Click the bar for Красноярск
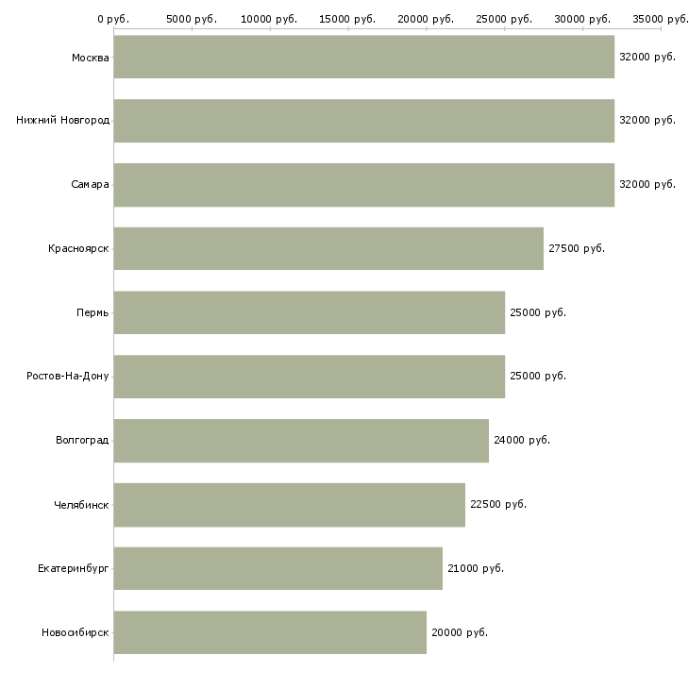(x=328, y=248)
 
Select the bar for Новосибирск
(x=270, y=632)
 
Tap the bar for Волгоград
(x=301, y=440)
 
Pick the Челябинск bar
(x=289, y=504)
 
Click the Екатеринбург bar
(x=277, y=568)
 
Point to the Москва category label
(x=90, y=58)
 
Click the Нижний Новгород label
(x=62, y=121)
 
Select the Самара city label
(x=90, y=184)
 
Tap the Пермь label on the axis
(x=92, y=312)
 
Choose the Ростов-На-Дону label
(x=68, y=376)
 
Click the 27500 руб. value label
(x=576, y=248)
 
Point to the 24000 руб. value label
(x=521, y=440)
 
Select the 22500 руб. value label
(x=497, y=504)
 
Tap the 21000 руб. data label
(x=475, y=568)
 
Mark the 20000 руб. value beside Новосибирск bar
(x=459, y=632)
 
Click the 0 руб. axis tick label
(x=112, y=19)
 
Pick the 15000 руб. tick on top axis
(x=348, y=19)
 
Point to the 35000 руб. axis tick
(x=660, y=19)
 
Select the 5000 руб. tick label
(x=192, y=19)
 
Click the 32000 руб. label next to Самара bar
(x=647, y=184)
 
